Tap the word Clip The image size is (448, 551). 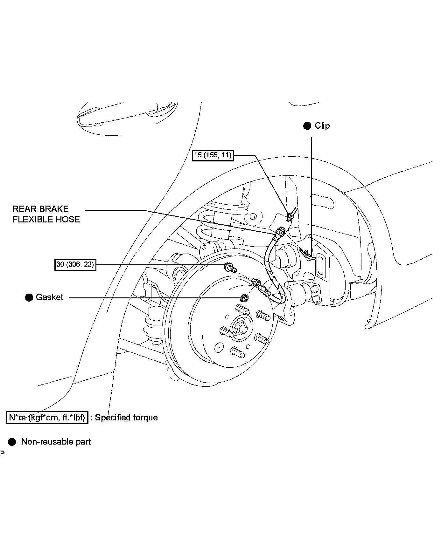[322, 126]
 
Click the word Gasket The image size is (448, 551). [50, 297]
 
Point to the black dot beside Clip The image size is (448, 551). [307, 126]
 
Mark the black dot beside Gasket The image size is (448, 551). [29, 298]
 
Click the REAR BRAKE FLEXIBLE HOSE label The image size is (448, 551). [46, 214]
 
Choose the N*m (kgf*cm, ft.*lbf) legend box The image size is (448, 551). [47, 418]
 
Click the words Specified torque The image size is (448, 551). [126, 418]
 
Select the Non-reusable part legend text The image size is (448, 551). [56, 442]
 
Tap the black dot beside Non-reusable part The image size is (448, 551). [12, 442]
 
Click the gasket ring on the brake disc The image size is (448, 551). [244, 298]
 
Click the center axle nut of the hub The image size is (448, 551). [238, 327]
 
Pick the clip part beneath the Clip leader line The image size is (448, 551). [307, 254]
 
